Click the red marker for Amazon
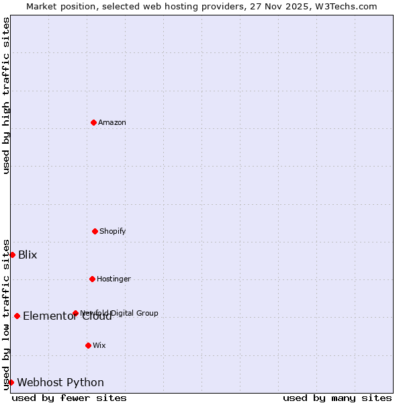pos(93,122)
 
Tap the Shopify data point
pos(95,231)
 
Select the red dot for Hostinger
pos(92,279)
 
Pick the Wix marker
pos(88,345)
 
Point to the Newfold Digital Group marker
pos(75,313)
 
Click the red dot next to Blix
pos(12,255)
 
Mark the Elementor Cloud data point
pos(17,316)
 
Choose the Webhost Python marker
pos(11,382)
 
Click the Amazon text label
pos(112,122)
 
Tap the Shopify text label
pos(113,231)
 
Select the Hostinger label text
pos(114,279)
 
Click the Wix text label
pos(99,345)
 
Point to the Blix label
pos(28,255)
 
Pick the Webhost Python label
pos(60,382)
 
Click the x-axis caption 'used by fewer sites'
pos(69,398)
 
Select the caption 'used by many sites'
pos(337,398)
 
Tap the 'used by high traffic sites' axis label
pos(6,95)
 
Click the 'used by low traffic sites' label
pos(6,314)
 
